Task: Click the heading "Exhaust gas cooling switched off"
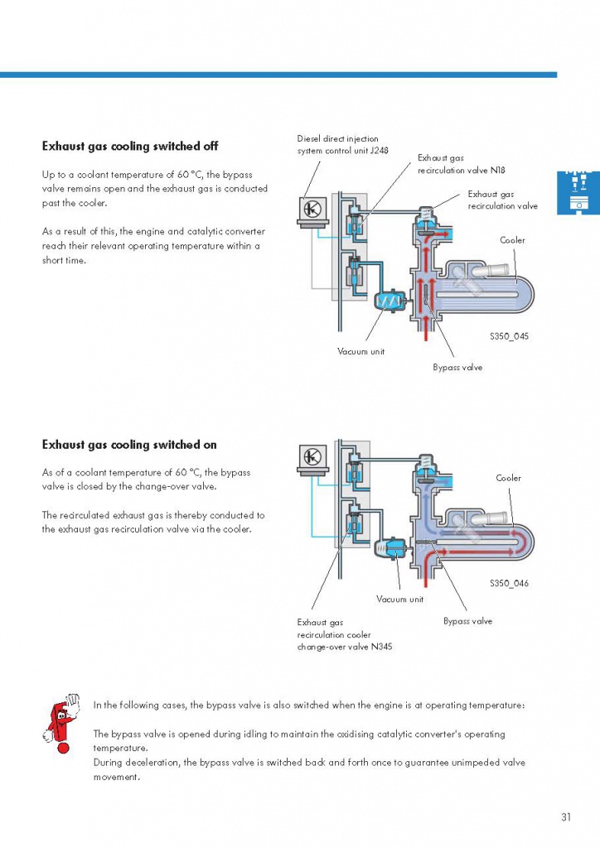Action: click(x=130, y=147)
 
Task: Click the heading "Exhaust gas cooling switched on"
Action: click(x=129, y=445)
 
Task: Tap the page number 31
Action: click(x=566, y=817)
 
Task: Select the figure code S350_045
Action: click(x=509, y=337)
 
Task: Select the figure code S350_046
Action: click(x=509, y=583)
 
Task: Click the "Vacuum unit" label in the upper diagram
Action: click(x=360, y=352)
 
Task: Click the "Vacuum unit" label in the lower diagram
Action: click(x=399, y=599)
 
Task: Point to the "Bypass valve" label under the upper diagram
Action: click(x=457, y=367)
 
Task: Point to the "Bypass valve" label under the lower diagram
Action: click(x=467, y=621)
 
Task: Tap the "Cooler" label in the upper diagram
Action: click(x=512, y=240)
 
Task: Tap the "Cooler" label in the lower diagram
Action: click(x=508, y=478)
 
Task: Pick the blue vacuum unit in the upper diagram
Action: click(x=388, y=302)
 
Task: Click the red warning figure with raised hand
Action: click(x=60, y=717)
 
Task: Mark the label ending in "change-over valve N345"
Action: click(x=344, y=634)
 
